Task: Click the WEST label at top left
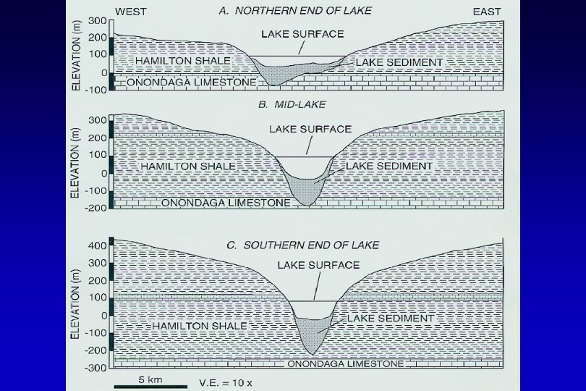pyautogui.click(x=132, y=12)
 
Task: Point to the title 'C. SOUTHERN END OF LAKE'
pyautogui.click(x=302, y=245)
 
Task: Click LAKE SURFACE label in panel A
pyautogui.click(x=302, y=33)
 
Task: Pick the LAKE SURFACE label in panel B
pyautogui.click(x=310, y=130)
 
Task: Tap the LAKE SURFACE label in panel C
pyautogui.click(x=319, y=265)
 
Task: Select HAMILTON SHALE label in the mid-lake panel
pyautogui.click(x=184, y=166)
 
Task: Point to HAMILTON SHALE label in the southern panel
pyautogui.click(x=200, y=327)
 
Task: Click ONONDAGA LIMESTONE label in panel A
pyautogui.click(x=191, y=83)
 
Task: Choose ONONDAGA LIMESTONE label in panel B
pyautogui.click(x=226, y=203)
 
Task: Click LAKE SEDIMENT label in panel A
pyautogui.click(x=399, y=62)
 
